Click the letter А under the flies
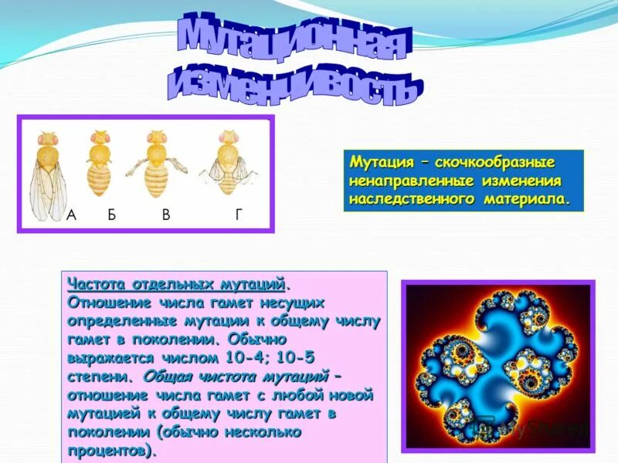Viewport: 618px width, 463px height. tap(72, 215)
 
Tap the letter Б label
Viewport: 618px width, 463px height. tap(111, 215)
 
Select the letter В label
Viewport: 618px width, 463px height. tap(166, 215)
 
